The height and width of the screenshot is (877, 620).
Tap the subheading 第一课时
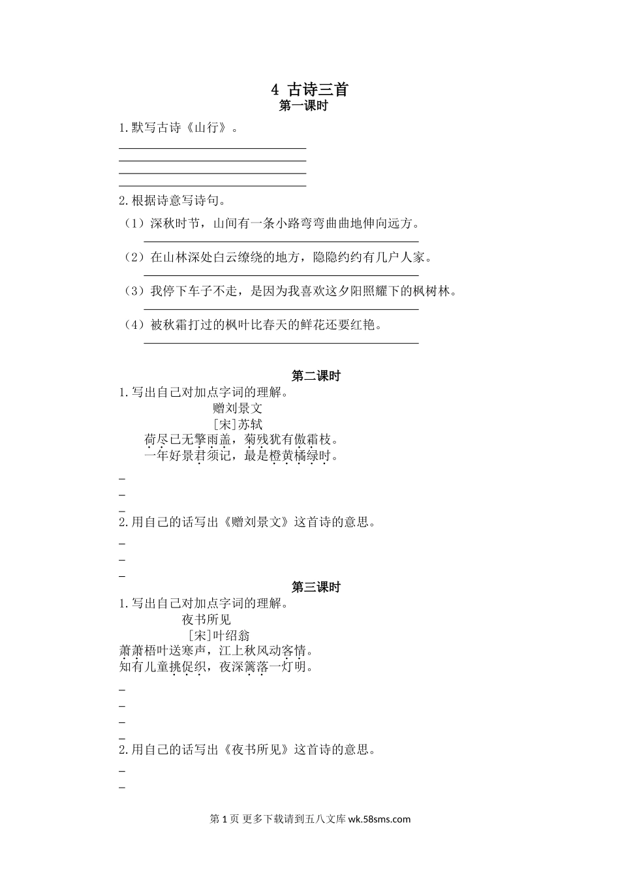pos(303,106)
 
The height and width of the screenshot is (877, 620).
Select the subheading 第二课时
pos(316,376)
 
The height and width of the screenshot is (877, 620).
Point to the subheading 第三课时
pos(316,587)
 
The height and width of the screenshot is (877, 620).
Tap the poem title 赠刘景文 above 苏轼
pos(238,408)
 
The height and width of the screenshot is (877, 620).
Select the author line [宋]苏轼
pos(238,424)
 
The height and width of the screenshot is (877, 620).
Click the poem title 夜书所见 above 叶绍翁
pos(206,619)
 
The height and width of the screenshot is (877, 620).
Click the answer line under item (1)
pos(281,241)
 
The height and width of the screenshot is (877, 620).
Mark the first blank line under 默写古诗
pos(212,149)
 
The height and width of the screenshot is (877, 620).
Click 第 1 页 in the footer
pos(225,820)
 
